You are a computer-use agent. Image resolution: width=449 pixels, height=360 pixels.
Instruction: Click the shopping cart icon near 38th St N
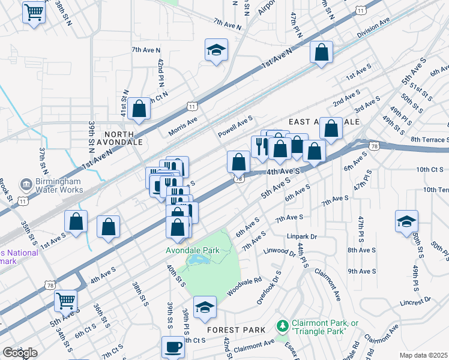click(x=34, y=11)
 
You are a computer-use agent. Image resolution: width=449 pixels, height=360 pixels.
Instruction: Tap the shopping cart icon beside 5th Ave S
click(x=65, y=301)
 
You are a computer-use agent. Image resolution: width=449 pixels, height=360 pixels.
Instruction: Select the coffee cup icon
click(x=173, y=347)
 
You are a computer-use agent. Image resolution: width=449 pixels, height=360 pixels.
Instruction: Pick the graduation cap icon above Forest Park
click(x=205, y=307)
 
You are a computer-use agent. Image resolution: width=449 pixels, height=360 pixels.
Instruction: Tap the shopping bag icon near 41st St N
click(x=139, y=109)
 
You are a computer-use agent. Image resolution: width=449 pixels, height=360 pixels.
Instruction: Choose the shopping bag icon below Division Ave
click(x=322, y=52)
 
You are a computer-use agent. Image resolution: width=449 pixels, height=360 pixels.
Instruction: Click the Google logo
click(x=20, y=353)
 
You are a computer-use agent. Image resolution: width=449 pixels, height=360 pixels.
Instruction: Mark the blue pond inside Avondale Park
click(x=196, y=260)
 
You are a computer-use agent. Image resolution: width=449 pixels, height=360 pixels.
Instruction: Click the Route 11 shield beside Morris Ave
click(x=191, y=106)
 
